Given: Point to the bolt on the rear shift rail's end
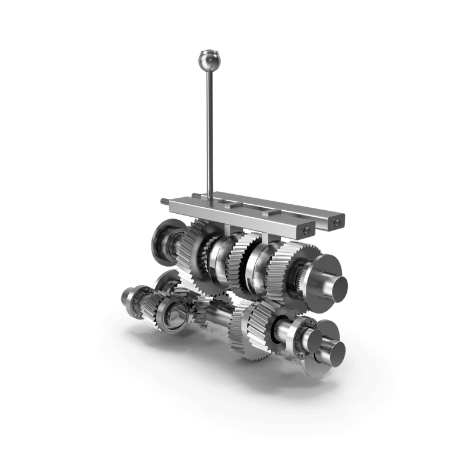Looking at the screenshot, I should (x=337, y=223).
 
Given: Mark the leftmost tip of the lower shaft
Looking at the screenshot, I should (x=123, y=295).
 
